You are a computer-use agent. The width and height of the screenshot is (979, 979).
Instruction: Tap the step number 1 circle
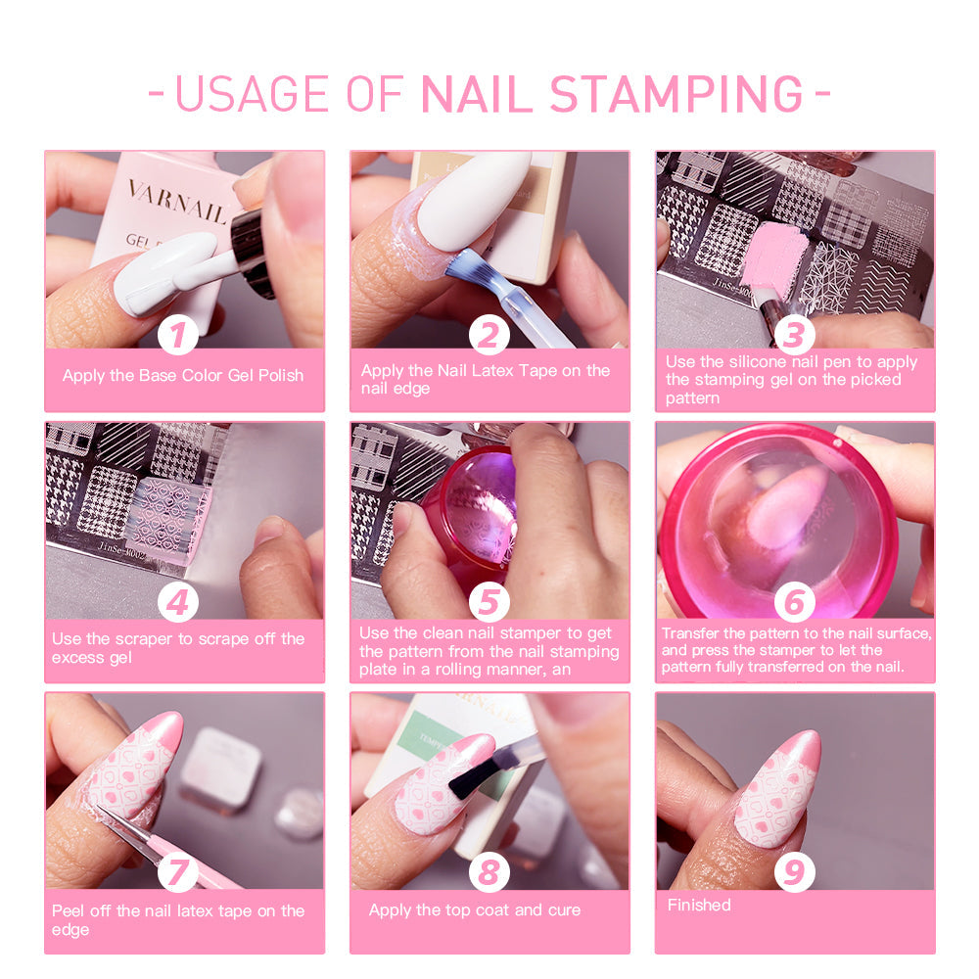178,335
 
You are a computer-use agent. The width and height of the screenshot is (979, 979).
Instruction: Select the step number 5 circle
489,602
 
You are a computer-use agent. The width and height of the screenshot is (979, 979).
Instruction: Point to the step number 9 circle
794,871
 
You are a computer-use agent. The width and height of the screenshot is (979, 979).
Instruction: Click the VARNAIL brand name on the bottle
176,201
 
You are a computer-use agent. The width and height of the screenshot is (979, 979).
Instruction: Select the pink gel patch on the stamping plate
777,256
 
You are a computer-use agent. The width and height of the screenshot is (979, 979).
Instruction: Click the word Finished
699,905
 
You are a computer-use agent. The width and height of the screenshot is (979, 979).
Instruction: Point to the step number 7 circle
178,871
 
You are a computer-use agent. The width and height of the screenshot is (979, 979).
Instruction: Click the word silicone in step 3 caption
759,361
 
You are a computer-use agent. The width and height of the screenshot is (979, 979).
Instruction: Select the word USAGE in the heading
253,94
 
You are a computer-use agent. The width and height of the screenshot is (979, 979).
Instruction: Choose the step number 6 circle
794,602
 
